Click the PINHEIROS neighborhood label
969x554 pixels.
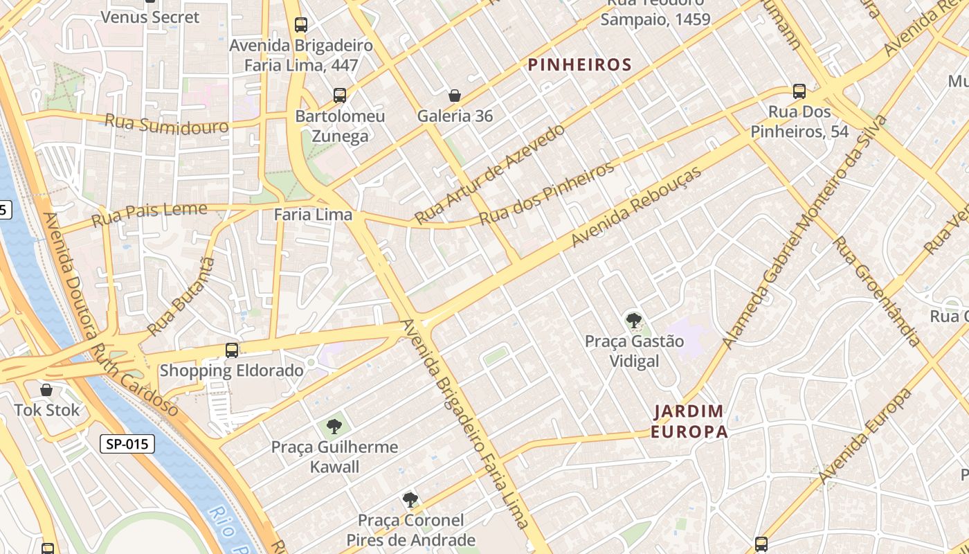[x=579, y=65]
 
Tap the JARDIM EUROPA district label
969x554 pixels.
[x=689, y=422]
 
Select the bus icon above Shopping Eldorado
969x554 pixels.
[x=232, y=350]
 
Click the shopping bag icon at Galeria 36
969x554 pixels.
[x=455, y=96]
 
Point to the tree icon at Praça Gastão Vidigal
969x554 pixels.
[x=633, y=320]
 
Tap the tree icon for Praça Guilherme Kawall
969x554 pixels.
[x=334, y=426]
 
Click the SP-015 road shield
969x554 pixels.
[x=127, y=444]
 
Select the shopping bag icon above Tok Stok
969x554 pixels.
[x=46, y=391]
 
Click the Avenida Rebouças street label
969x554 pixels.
[x=636, y=206]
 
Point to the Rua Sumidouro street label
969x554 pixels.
[x=166, y=125]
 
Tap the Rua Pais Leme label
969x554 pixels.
[x=149, y=214]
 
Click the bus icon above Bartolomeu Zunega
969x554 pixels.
[x=339, y=96]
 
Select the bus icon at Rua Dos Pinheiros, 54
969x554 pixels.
[x=799, y=91]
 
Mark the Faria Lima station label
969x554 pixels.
[x=313, y=215]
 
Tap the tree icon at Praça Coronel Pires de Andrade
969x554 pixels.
[x=410, y=499]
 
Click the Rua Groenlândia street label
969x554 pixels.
[x=876, y=291]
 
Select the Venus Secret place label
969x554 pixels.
[x=150, y=17]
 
